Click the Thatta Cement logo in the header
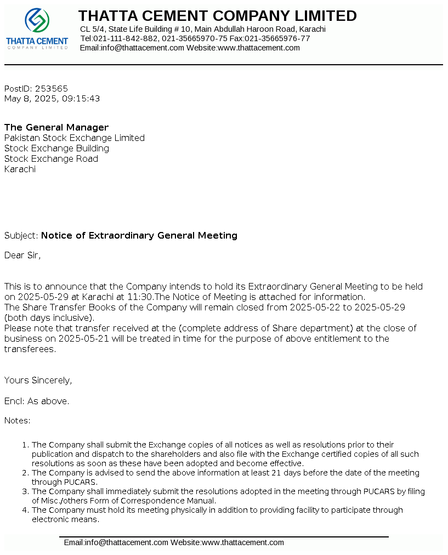coord(37,29)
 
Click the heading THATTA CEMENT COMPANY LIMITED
coord(217,16)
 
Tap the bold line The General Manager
coord(56,127)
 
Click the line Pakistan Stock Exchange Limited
coord(75,138)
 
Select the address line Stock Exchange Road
coord(51,158)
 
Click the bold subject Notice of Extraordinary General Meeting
coord(139,235)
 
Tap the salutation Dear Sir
coord(22,255)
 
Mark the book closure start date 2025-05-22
coord(315,307)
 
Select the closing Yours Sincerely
coord(38,380)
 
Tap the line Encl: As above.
coord(37,401)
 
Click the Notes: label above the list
coord(18,421)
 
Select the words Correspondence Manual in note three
coord(177,501)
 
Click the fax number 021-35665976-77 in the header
coord(277,38)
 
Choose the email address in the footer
coord(116,542)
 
